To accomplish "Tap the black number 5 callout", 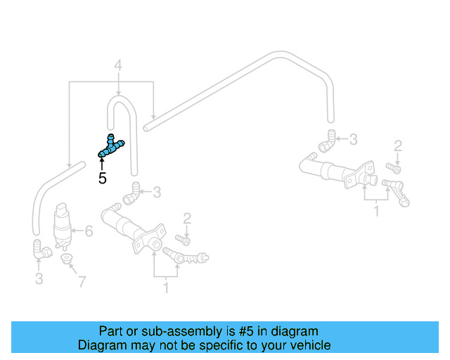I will tap(103, 179).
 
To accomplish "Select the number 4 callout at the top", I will tap(118, 66).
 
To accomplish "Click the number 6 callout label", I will tap(89, 230).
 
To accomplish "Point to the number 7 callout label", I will tap(82, 282).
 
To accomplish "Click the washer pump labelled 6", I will tap(64, 225).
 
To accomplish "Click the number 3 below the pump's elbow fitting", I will tap(39, 279).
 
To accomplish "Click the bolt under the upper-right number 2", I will tap(393, 167).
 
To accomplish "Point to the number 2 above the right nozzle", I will tap(398, 146).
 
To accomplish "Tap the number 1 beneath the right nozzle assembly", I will tap(378, 210).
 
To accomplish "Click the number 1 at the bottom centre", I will tap(166, 288).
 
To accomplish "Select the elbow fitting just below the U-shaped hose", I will tap(131, 194).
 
